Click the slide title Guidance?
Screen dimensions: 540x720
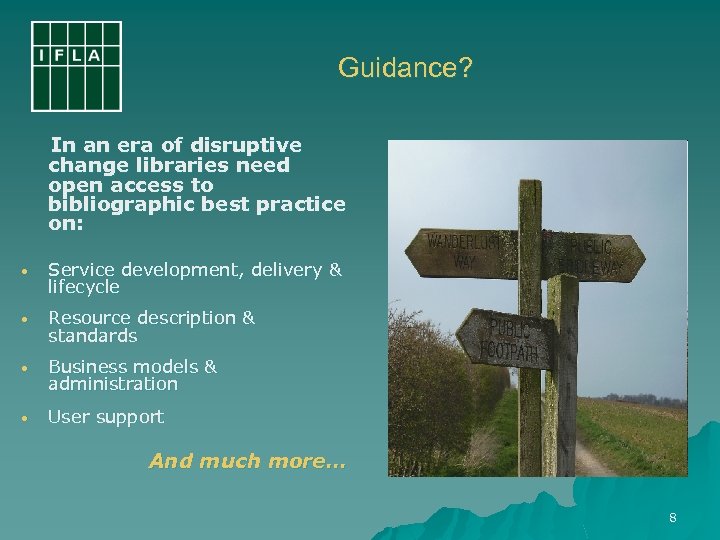(x=405, y=68)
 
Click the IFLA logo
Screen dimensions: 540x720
(x=76, y=65)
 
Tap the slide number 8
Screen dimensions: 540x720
(x=673, y=518)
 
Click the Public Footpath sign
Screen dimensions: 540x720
(x=507, y=337)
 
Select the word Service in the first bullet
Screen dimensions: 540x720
(x=81, y=270)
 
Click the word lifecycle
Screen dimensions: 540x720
(x=84, y=287)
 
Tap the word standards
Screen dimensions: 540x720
(x=92, y=335)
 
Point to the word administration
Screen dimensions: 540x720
(x=113, y=384)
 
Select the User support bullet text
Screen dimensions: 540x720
(x=106, y=416)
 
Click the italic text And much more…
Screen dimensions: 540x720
(x=246, y=461)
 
